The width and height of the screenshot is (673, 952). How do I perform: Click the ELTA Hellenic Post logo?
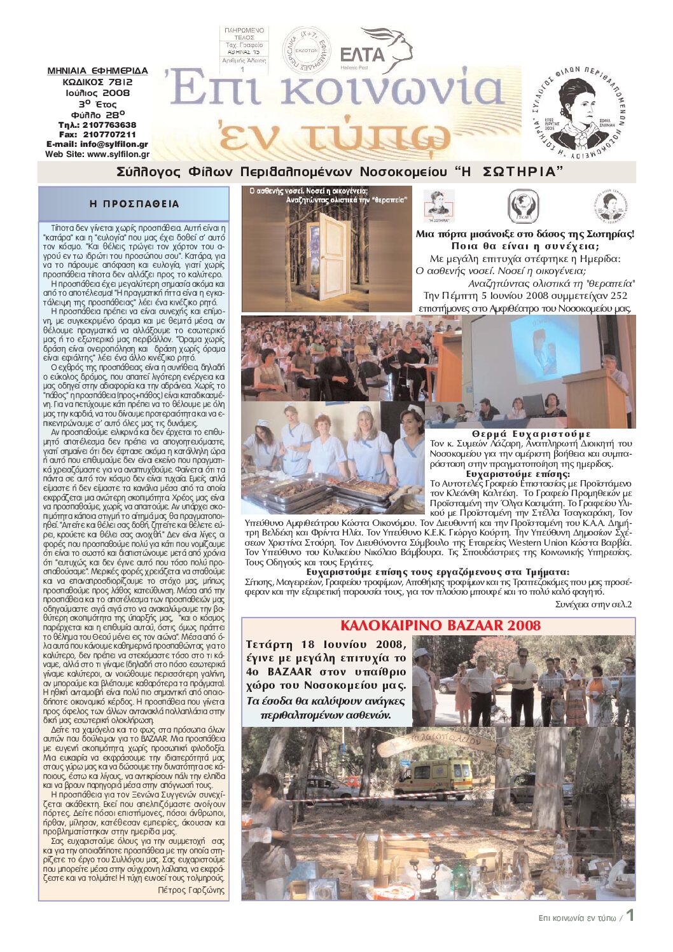pyautogui.click(x=375, y=51)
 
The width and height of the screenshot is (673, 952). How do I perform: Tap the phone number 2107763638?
pyautogui.click(x=106, y=125)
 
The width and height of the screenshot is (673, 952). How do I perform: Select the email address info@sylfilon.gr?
pyautogui.click(x=114, y=144)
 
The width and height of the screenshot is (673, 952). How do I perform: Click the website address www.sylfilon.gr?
pyautogui.click(x=118, y=154)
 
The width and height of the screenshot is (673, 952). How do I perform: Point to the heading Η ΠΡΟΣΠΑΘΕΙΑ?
pyautogui.click(x=134, y=204)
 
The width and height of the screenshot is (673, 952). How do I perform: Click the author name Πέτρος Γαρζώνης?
pyautogui.click(x=191, y=890)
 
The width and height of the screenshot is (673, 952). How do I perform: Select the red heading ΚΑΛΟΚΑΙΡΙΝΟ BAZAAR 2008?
pyautogui.click(x=440, y=625)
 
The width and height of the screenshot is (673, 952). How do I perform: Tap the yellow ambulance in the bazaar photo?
pyautogui.click(x=434, y=778)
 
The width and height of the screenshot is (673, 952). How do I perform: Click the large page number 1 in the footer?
pyautogui.click(x=630, y=916)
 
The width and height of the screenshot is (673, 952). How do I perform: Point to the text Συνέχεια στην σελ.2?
pyautogui.click(x=593, y=604)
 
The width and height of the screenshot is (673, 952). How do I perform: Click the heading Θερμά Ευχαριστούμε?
pyautogui.click(x=531, y=434)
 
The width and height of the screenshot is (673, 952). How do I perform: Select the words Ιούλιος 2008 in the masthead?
pyautogui.click(x=97, y=93)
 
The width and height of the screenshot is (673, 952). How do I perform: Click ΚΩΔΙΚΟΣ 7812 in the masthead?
pyautogui.click(x=97, y=82)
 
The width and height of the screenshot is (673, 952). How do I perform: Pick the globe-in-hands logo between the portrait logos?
pyautogui.click(x=523, y=206)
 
